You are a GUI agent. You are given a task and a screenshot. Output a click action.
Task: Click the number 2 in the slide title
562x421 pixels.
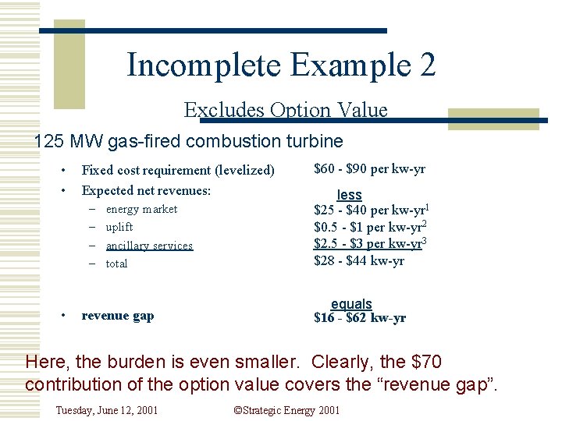tap(427, 65)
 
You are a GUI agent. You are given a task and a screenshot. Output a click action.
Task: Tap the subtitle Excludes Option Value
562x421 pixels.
tap(286, 110)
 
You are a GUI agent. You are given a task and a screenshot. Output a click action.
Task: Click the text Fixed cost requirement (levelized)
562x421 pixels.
tap(178, 170)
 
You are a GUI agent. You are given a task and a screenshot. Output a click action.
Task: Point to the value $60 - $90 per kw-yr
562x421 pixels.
tap(369, 168)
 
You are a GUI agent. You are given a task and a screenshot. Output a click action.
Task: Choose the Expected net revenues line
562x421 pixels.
tap(146, 190)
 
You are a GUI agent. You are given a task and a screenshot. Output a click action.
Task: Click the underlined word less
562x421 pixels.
tap(349, 194)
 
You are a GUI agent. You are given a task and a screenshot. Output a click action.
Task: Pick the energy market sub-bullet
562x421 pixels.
tap(141, 209)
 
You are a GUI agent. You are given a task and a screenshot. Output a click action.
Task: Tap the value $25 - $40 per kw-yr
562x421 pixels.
tap(369, 210)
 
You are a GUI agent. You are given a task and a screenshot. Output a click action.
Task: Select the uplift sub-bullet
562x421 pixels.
tap(119, 227)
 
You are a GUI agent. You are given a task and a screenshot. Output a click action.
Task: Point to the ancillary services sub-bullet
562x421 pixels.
tap(149, 246)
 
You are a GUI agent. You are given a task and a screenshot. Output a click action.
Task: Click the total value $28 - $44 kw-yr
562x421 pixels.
tap(358, 261)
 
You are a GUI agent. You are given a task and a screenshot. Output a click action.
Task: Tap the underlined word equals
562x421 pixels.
tap(351, 304)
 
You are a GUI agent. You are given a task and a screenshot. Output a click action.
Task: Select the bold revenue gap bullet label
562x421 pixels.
tap(118, 316)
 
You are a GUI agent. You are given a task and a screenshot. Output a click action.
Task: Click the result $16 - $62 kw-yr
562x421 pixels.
tap(359, 317)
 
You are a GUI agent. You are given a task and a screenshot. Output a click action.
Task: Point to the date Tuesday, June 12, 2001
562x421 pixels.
tap(107, 409)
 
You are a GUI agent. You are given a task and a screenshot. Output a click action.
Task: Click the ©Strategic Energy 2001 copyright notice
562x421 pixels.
tap(286, 409)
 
